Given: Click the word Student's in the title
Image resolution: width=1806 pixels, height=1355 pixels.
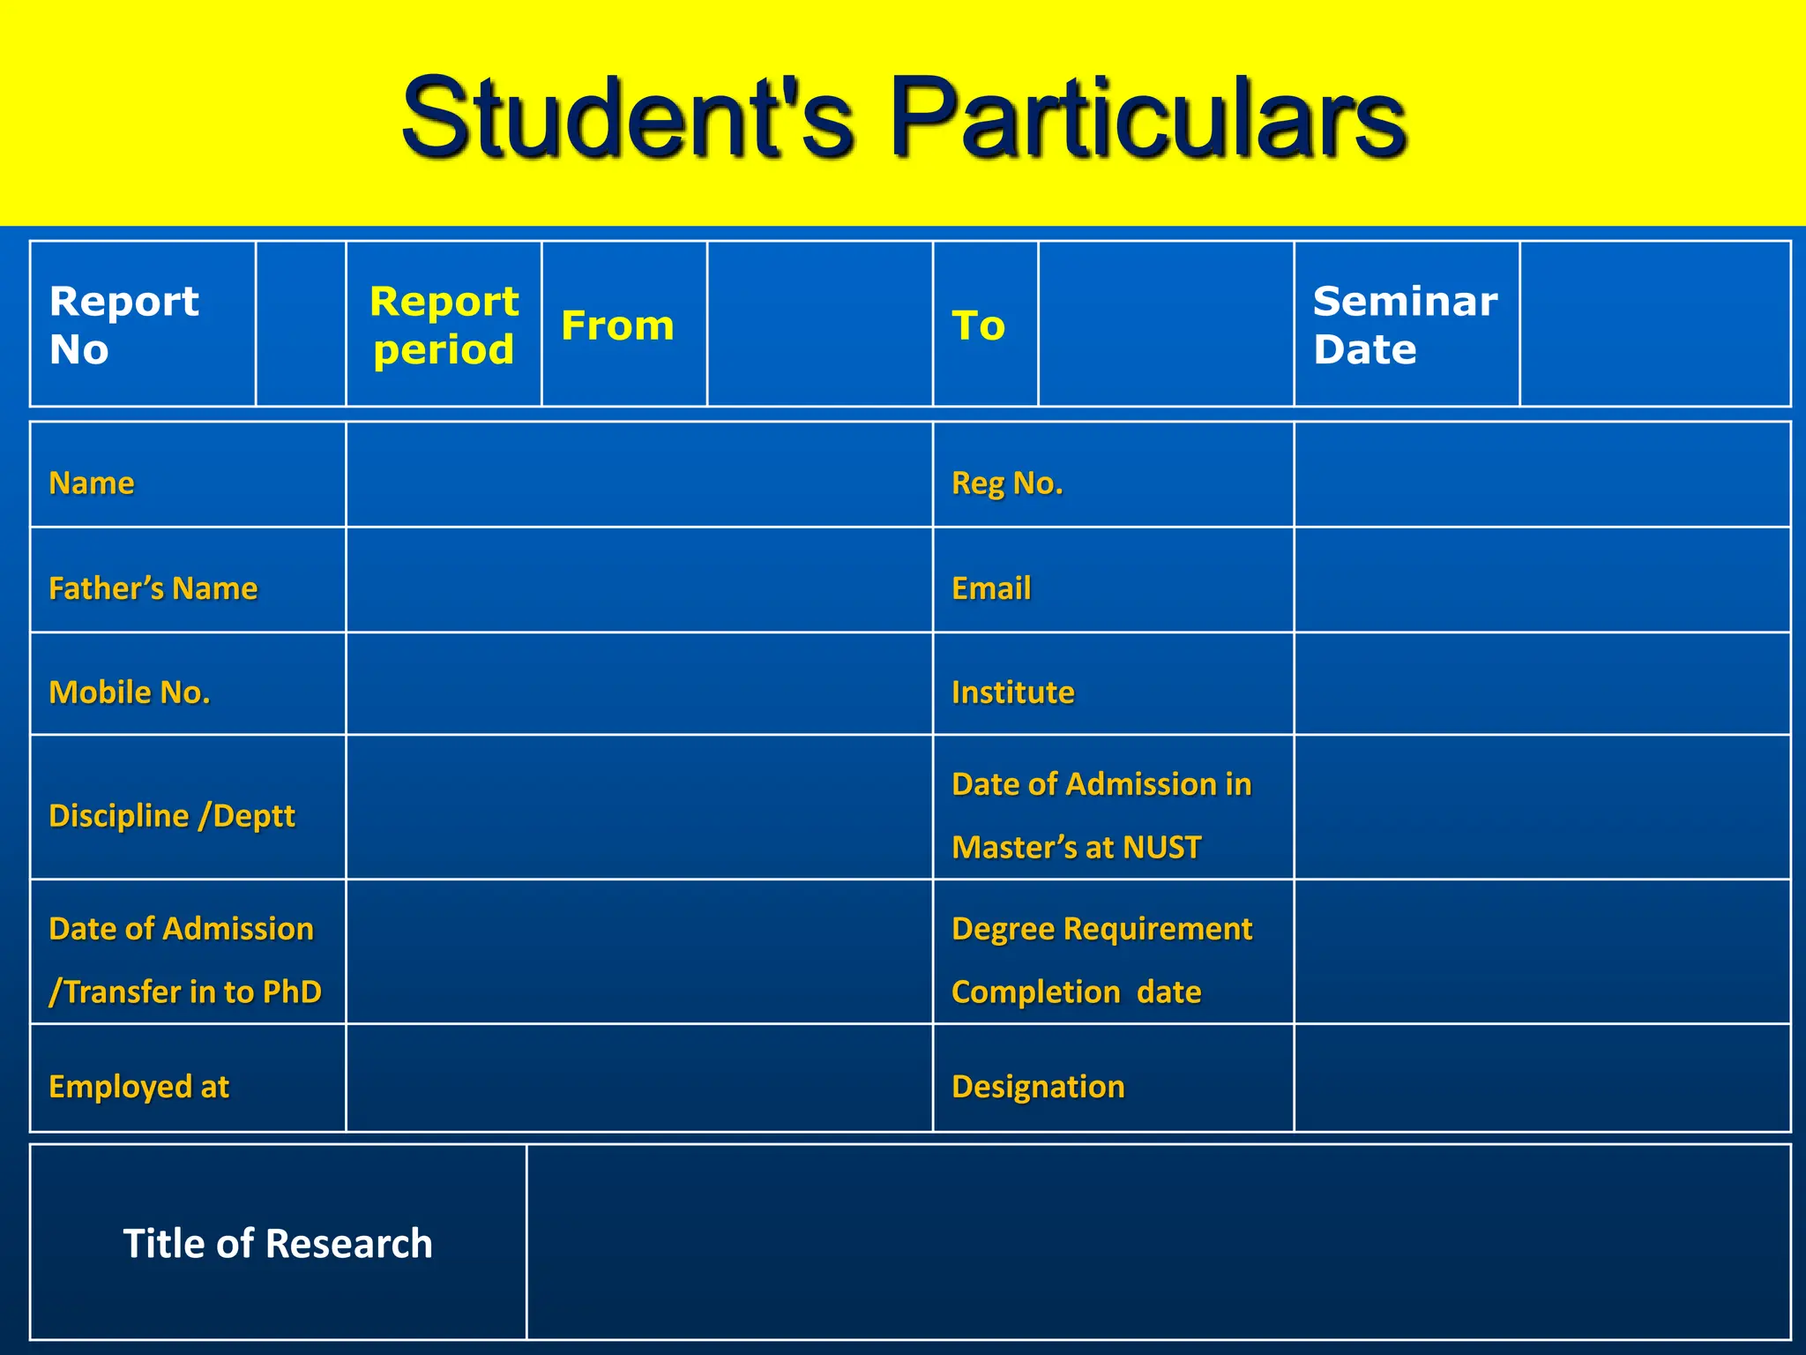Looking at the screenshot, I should point(627,118).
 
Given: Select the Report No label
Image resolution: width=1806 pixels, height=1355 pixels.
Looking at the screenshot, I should point(123,325).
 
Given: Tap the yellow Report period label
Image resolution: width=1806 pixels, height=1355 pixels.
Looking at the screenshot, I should point(444,325).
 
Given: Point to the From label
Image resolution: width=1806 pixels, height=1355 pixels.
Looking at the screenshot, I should point(617,326).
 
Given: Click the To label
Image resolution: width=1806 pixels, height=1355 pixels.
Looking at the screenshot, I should point(978,326).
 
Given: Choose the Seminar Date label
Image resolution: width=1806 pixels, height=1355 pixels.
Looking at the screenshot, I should point(1404,325).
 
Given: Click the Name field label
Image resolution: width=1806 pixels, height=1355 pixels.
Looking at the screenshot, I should point(92,483).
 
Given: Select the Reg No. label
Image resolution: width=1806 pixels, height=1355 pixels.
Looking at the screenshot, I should point(1007,483).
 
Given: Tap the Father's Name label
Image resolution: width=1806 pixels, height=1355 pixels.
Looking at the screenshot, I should point(153,588).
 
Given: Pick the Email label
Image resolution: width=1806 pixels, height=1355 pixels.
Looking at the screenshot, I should point(991,588).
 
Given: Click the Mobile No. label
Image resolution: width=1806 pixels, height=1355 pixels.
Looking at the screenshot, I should point(130,692).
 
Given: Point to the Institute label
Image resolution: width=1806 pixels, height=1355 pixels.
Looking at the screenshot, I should point(1012,692).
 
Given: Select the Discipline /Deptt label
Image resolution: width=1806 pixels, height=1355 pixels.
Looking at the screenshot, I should point(172,815).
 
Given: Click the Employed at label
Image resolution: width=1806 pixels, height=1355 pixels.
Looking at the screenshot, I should point(138,1086).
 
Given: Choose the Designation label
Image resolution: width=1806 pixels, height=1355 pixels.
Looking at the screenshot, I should point(1038,1086).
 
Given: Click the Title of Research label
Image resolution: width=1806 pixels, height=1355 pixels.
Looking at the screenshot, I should point(278,1243).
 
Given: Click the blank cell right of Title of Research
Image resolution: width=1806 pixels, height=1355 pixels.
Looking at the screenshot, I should point(1158,1242).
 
